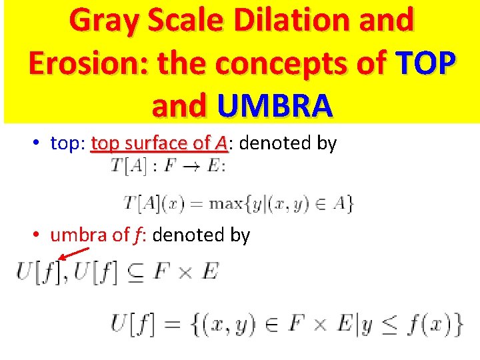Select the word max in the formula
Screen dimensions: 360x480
coord(225,203)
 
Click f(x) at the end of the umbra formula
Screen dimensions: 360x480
coord(434,325)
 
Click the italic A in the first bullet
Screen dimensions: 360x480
coord(221,143)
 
